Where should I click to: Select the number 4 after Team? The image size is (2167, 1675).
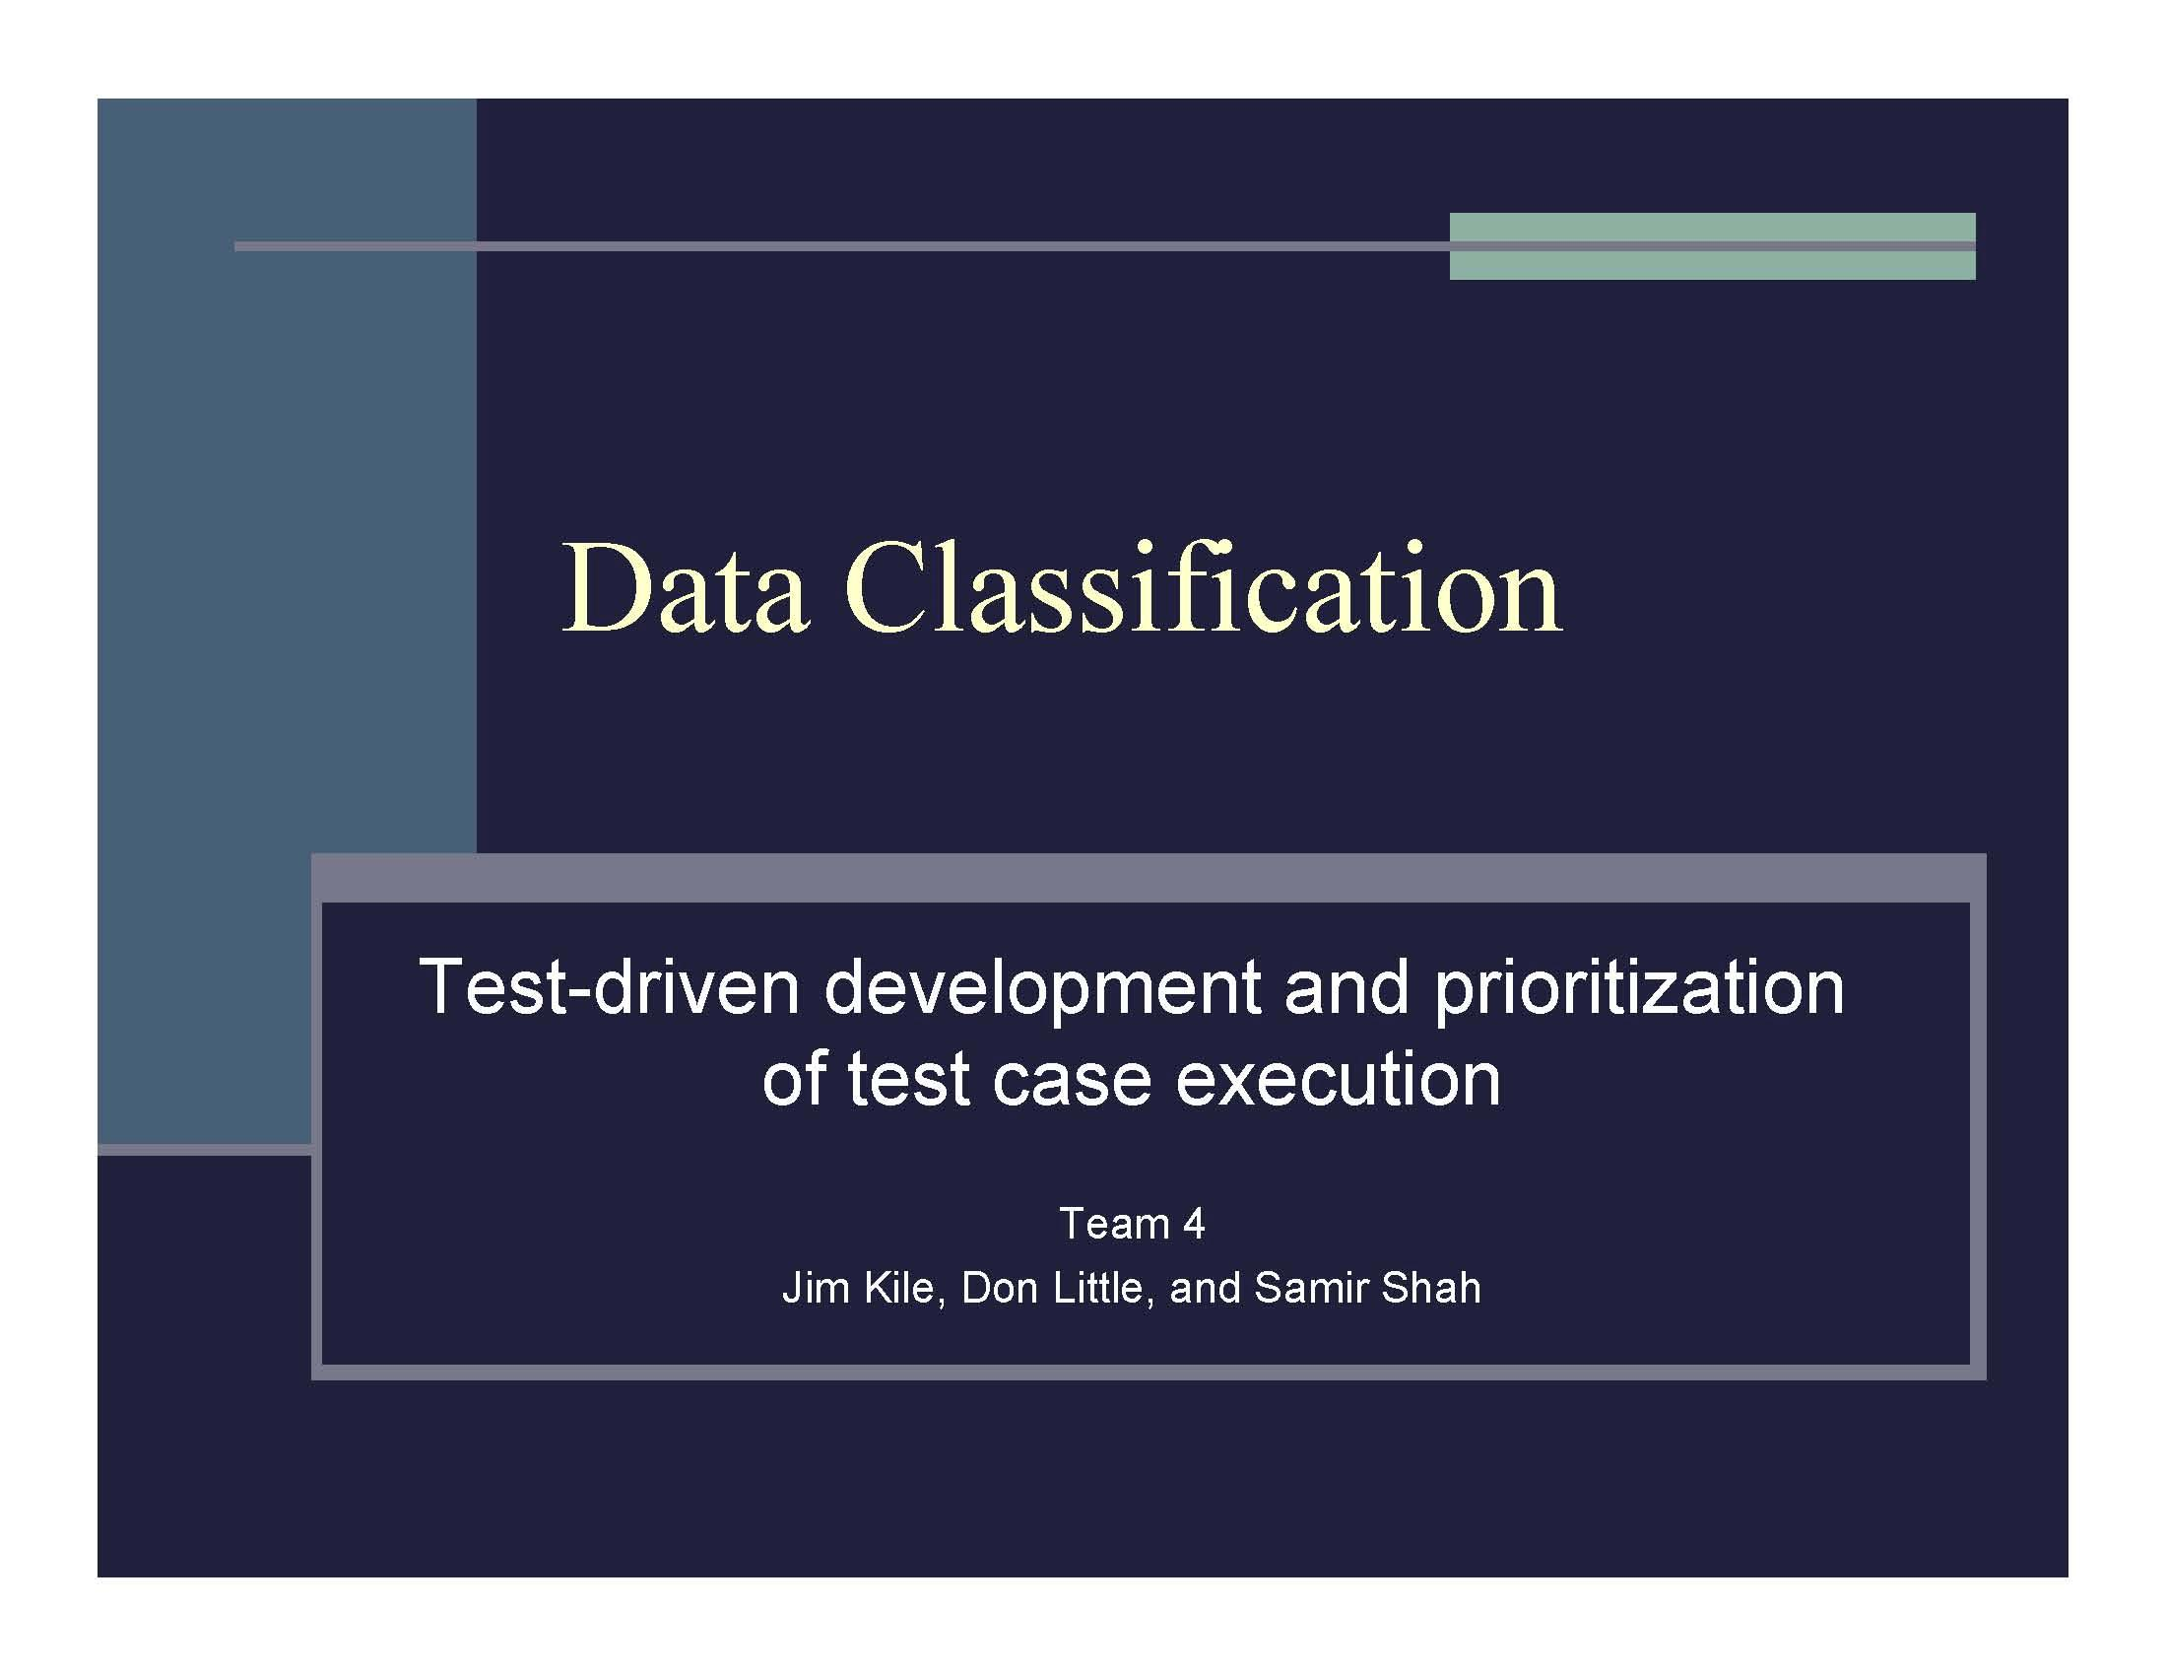[x=1194, y=1225]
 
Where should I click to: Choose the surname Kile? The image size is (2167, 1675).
[x=905, y=1289]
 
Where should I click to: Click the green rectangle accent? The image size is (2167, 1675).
[x=1713, y=246]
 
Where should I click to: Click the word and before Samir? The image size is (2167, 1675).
[x=1205, y=1288]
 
